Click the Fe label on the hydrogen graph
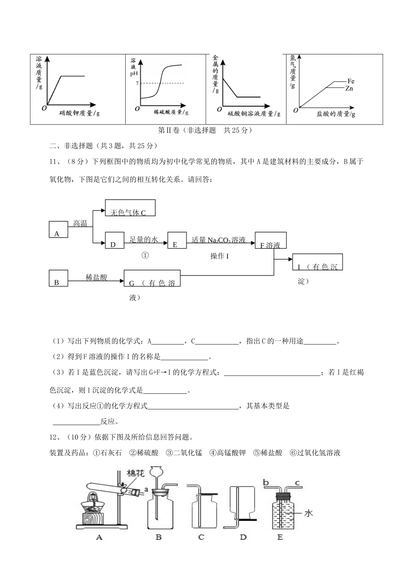[x=351, y=81]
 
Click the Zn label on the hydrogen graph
[x=349, y=88]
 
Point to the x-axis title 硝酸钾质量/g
[x=80, y=113]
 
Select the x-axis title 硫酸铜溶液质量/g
[x=254, y=114]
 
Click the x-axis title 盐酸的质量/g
[x=336, y=114]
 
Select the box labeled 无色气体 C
[x=130, y=208]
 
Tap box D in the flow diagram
[x=115, y=240]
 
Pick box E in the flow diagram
[x=177, y=240]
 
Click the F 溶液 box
[x=270, y=240]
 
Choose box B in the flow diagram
[x=58, y=278]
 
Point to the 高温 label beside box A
[x=80, y=224]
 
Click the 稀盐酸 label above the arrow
[x=97, y=277]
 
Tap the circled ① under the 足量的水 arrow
[x=146, y=256]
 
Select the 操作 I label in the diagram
[x=220, y=256]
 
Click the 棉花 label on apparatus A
[x=136, y=474]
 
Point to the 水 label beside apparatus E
[x=308, y=514]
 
